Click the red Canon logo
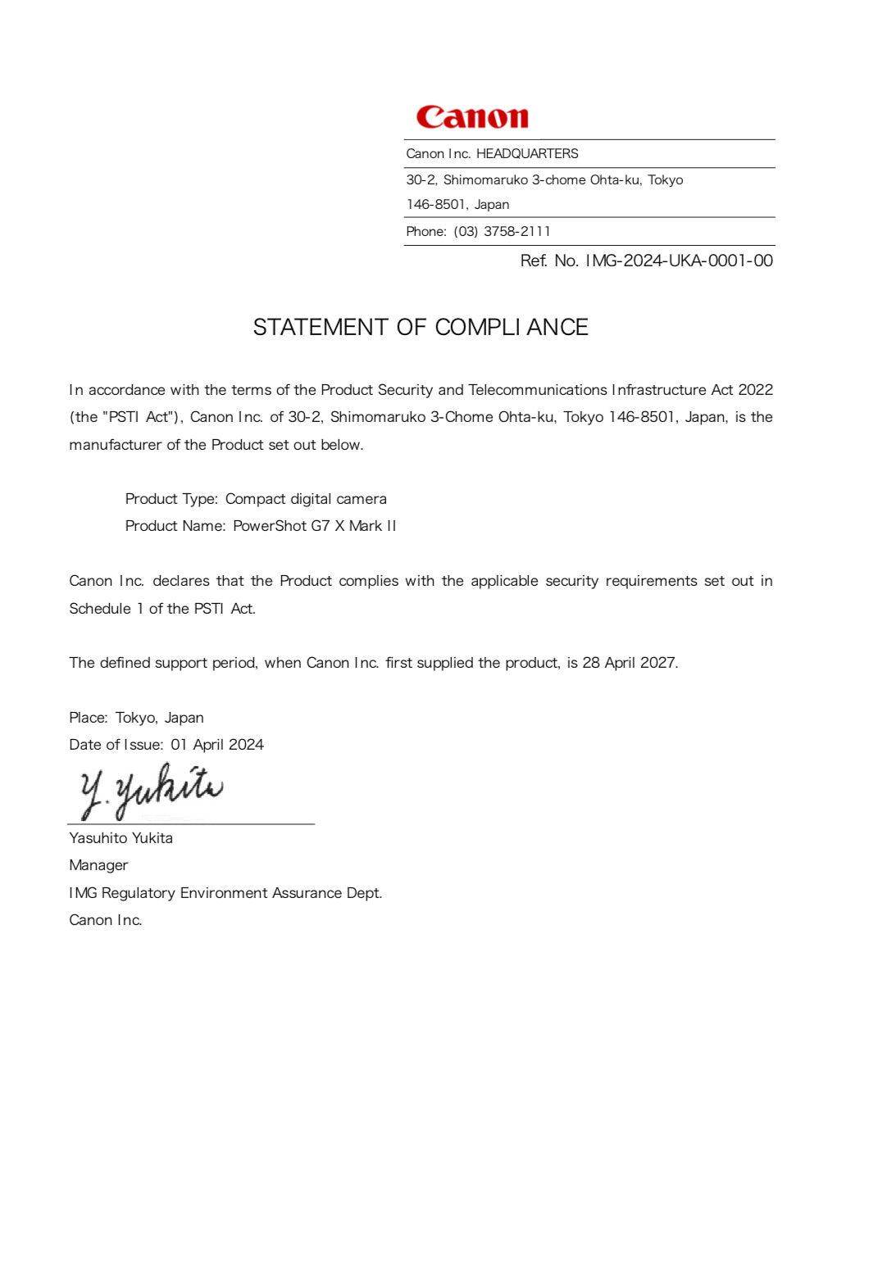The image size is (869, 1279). pyautogui.click(x=472, y=117)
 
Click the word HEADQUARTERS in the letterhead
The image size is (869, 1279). pyautogui.click(x=527, y=154)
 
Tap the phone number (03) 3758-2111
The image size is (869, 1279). pyautogui.click(x=502, y=232)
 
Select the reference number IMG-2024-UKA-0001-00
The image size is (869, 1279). pyautogui.click(x=679, y=261)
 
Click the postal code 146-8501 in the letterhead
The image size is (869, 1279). pyautogui.click(x=435, y=205)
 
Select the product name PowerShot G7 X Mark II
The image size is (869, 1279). pyautogui.click(x=315, y=526)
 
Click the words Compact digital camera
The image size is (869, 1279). pyautogui.click(x=306, y=499)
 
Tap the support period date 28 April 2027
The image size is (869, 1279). pyautogui.click(x=629, y=663)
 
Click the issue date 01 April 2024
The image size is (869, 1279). pyautogui.click(x=217, y=745)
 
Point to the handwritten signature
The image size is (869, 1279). pyautogui.click(x=152, y=791)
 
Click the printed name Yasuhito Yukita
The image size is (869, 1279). pyautogui.click(x=121, y=838)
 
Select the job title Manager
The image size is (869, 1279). pyautogui.click(x=98, y=865)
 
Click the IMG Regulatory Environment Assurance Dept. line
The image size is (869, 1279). pyautogui.click(x=225, y=893)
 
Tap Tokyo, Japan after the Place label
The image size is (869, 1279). pyautogui.click(x=159, y=718)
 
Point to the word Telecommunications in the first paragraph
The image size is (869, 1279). pyautogui.click(x=537, y=390)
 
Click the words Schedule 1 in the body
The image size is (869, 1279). pyautogui.click(x=106, y=609)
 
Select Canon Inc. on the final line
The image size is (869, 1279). pyautogui.click(x=106, y=920)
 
